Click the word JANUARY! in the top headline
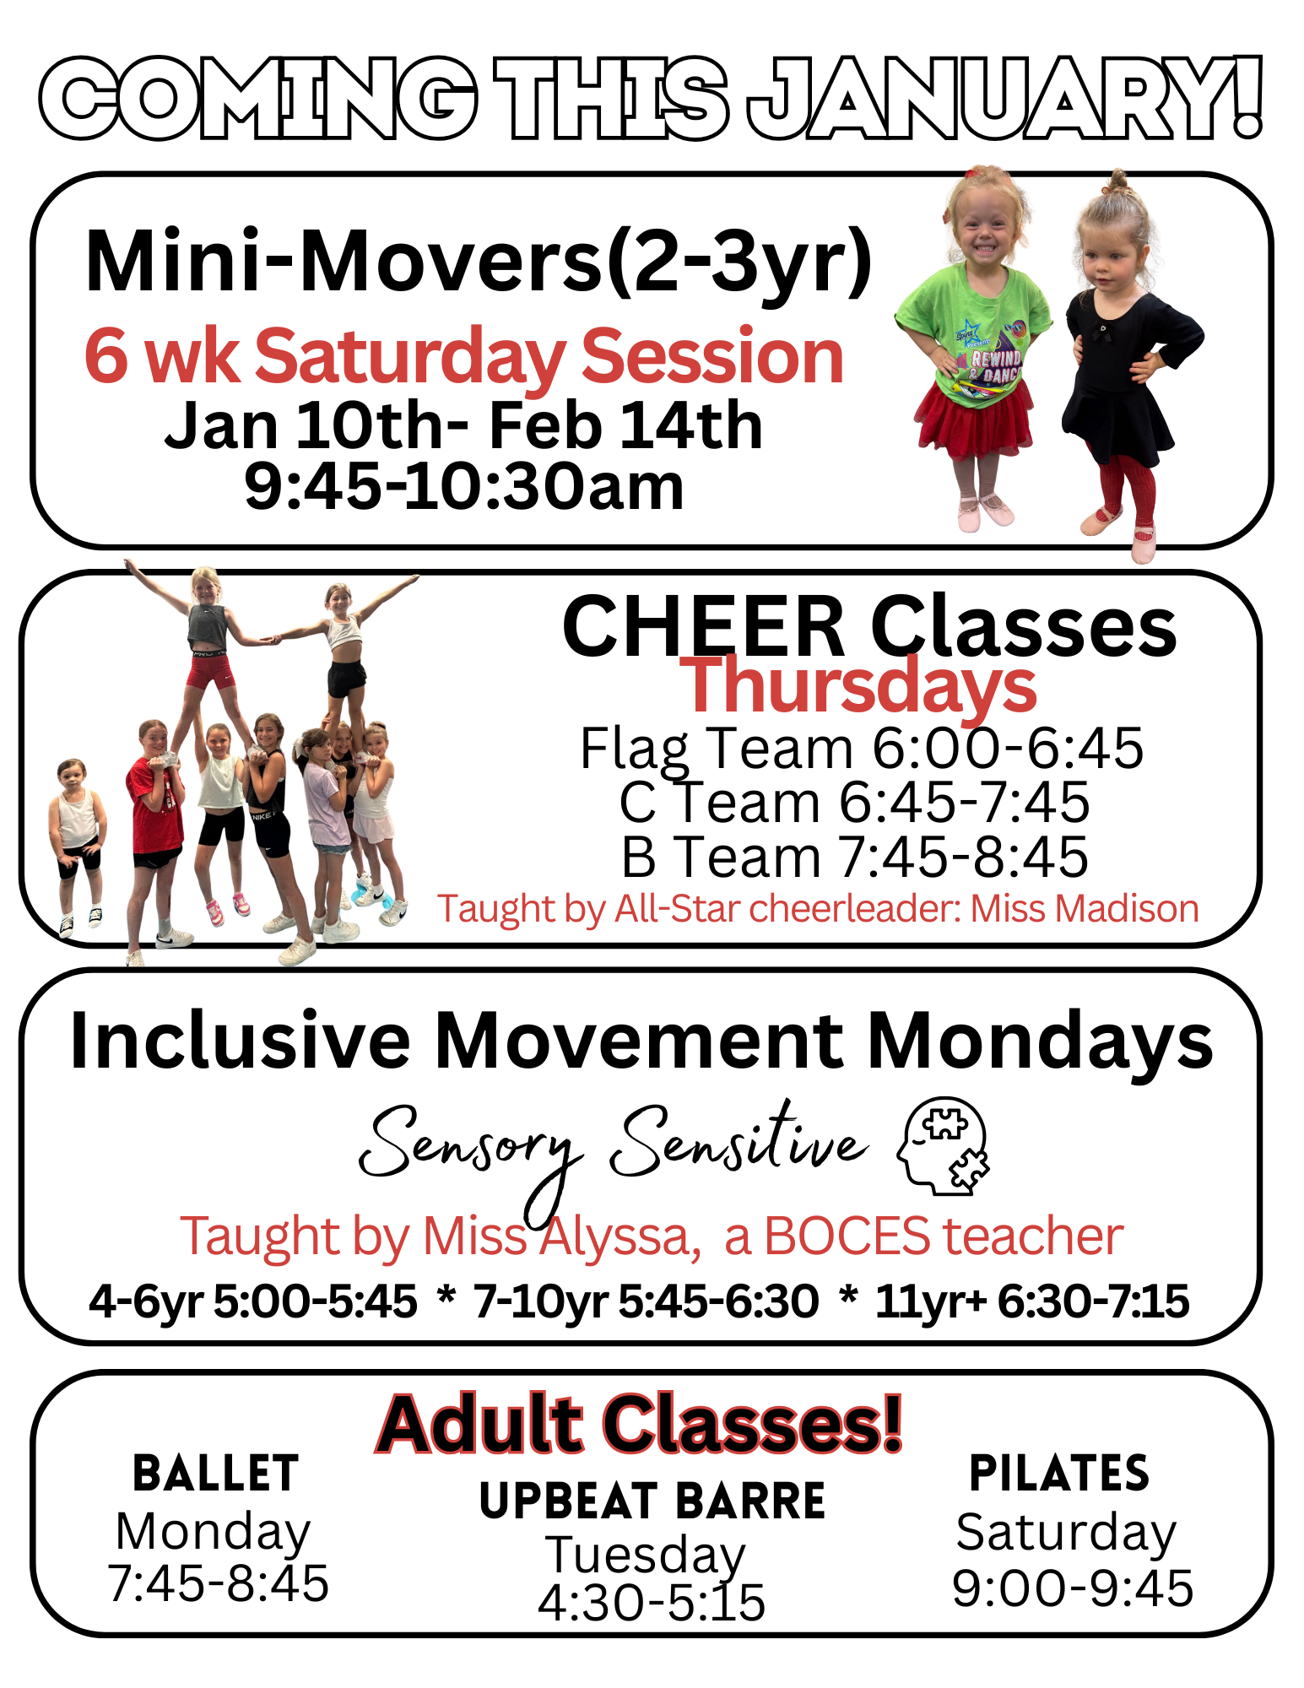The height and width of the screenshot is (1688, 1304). coord(1004,98)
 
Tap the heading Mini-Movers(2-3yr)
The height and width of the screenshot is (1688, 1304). coord(479,262)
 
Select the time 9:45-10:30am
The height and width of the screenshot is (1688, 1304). coord(463,487)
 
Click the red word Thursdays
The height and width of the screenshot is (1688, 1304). coord(858,686)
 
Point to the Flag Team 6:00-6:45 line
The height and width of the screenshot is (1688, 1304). coord(861,748)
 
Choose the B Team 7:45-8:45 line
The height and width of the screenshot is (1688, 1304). coord(854,857)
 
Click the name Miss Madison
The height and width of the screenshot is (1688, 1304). coord(1085,909)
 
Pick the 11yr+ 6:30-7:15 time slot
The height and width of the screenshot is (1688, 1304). coord(1031,1301)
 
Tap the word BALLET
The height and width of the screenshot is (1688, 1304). coord(216,1474)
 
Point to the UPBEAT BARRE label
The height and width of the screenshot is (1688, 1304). coord(652,1501)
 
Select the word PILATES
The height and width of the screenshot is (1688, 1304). coord(1059,1474)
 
